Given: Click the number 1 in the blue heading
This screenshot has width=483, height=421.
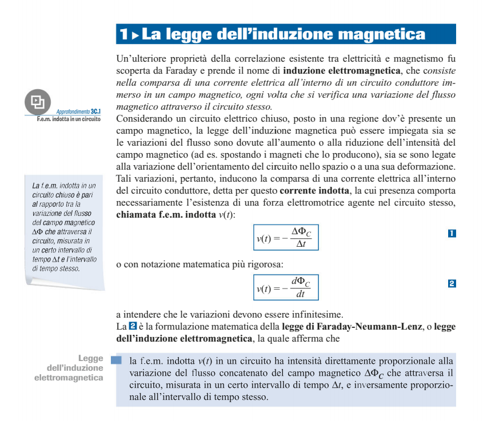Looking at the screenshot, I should coord(123,34).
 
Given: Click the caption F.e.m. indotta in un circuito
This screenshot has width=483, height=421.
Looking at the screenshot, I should coord(69,119).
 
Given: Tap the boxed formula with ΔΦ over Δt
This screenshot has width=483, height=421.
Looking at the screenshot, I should coord(286,238).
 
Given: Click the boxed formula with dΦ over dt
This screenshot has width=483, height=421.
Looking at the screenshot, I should coord(286,287).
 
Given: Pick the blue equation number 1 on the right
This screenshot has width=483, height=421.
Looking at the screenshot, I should coord(452,233).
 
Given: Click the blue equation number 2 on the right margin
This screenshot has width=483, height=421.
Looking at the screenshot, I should coord(452,283).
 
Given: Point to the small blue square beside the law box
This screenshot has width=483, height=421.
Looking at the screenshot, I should coord(117,361).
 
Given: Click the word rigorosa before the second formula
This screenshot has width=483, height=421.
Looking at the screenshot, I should coord(264,264).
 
